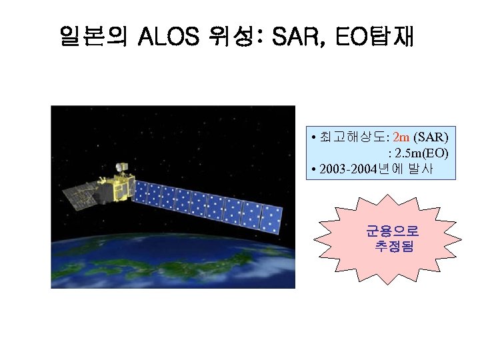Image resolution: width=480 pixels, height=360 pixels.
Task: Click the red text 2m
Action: coord(402,137)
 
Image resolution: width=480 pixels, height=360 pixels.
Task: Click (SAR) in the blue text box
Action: coord(431,137)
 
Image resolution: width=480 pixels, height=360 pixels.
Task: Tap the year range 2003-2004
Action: coord(350,169)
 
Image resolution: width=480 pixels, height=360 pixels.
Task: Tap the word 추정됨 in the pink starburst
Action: coord(393,247)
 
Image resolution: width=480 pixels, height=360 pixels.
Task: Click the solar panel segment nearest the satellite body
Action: coord(143,192)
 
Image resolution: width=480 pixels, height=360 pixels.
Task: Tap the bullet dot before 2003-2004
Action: coord(313,169)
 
